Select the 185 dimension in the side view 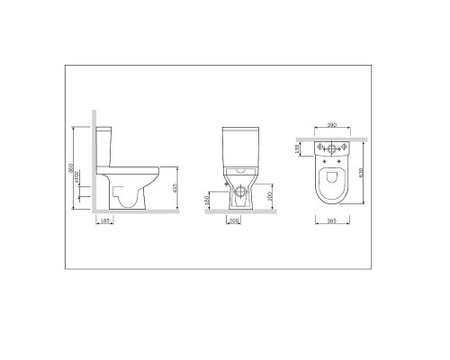click(106, 220)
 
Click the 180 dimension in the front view click(209, 198)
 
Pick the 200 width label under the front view click(234, 220)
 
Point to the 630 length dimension click(365, 174)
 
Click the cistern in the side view click(106, 144)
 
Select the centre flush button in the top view click(331, 147)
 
